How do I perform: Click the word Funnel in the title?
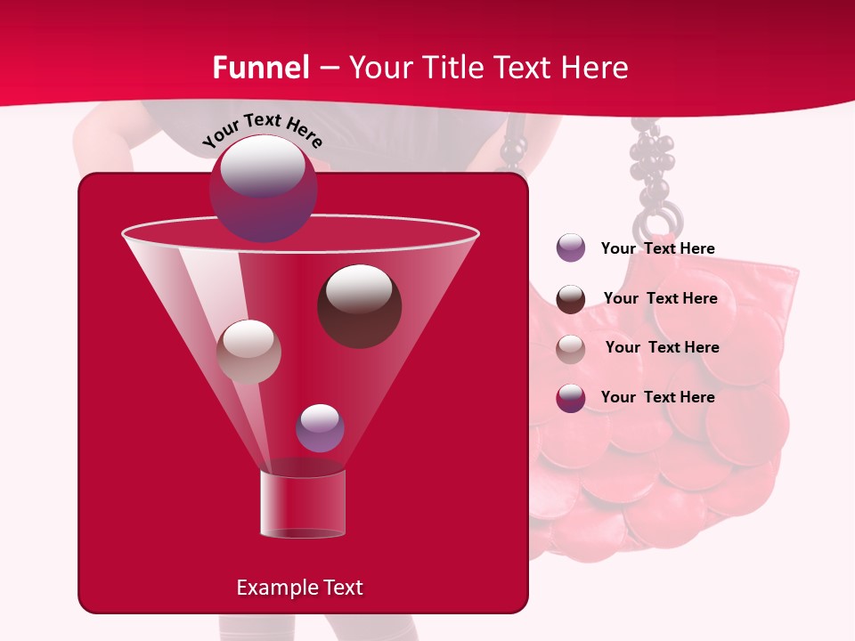click(261, 68)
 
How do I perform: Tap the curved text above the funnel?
click(262, 130)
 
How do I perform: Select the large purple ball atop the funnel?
click(263, 188)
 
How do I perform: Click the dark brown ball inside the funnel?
click(359, 305)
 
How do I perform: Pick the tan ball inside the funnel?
click(248, 351)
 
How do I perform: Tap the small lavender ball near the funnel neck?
click(320, 427)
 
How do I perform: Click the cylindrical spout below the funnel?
click(303, 504)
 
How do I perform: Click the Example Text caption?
click(299, 588)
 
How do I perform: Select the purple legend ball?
click(571, 247)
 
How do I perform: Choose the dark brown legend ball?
click(571, 298)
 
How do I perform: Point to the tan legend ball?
click(571, 348)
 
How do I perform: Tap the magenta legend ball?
click(571, 398)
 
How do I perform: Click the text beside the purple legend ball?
click(657, 248)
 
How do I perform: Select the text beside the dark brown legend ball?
click(660, 298)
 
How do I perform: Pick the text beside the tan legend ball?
click(662, 347)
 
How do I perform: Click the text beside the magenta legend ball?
click(657, 397)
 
